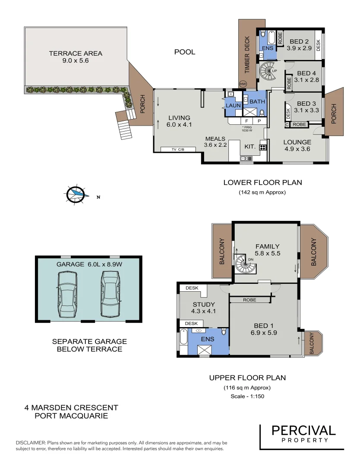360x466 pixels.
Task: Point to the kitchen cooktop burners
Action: pyautogui.click(x=263, y=147)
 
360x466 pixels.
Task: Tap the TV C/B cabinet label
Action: pyautogui.click(x=178, y=149)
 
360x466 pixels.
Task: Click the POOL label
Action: pyautogui.click(x=185, y=52)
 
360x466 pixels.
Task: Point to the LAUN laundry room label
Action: pyautogui.click(x=233, y=105)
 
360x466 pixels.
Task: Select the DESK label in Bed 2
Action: pyautogui.click(x=319, y=45)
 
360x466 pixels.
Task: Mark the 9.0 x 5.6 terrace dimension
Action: pyautogui.click(x=76, y=61)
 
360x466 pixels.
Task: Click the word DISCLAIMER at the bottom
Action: pyautogui.click(x=30, y=443)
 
